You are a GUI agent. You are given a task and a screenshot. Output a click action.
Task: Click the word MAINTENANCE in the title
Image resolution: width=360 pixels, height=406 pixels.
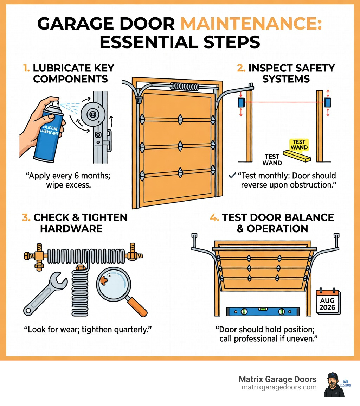coord(251,25)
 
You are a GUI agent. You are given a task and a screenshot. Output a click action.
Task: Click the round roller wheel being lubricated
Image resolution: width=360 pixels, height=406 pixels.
coord(93,114)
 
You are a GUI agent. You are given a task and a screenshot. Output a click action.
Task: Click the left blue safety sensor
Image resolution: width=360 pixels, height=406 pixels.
coord(241,102)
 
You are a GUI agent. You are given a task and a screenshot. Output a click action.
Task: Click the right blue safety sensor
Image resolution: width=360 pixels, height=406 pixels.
coord(328,102)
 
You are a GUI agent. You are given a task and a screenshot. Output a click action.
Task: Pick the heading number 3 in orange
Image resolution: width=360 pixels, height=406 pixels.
coord(26,217)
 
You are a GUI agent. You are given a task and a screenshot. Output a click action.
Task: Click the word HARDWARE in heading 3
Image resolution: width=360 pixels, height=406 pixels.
coord(71,229)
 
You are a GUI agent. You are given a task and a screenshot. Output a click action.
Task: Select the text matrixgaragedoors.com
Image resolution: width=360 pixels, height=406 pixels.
coord(279,387)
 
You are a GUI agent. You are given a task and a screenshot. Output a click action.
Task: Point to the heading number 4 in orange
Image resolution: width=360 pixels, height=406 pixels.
coord(214,217)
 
